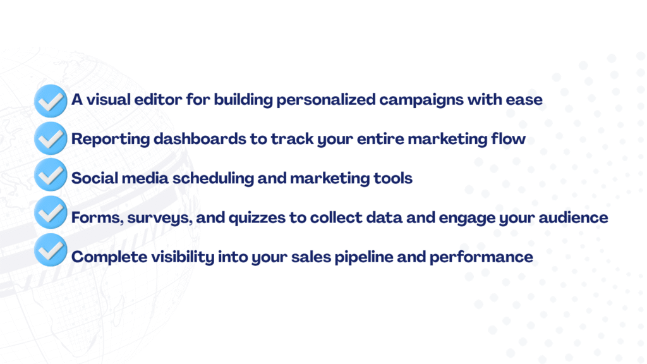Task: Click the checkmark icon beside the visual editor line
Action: (x=51, y=100)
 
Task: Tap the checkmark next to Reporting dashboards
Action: (x=51, y=138)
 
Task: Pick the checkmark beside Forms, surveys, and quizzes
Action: (x=51, y=212)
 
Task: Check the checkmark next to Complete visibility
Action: (x=51, y=250)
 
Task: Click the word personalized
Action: (x=326, y=100)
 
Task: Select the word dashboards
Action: (x=200, y=138)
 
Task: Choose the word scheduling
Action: (x=213, y=178)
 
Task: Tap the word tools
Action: (x=393, y=178)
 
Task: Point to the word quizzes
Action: (x=257, y=218)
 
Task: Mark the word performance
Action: (x=481, y=258)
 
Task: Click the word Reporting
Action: (x=111, y=139)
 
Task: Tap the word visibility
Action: (x=183, y=257)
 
